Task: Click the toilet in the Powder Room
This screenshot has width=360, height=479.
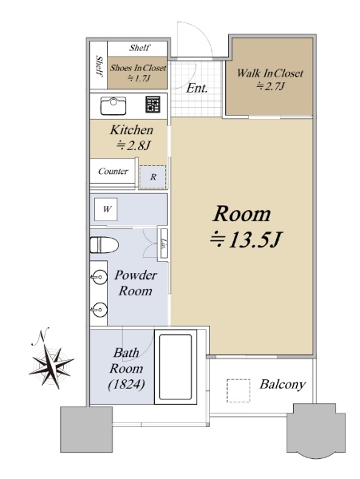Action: (x=104, y=245)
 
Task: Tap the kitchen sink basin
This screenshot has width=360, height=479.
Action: (x=113, y=105)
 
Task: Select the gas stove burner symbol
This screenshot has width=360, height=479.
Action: (x=152, y=104)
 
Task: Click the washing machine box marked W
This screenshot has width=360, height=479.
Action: (x=105, y=209)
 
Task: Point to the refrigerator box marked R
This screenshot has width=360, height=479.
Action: (x=153, y=177)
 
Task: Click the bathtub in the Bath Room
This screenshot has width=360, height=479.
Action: (x=176, y=366)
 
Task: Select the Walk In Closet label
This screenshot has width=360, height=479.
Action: (x=270, y=73)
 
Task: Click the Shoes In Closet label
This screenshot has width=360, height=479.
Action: (x=138, y=68)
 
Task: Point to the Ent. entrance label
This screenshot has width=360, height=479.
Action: (x=196, y=89)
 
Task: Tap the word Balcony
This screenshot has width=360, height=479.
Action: (x=283, y=385)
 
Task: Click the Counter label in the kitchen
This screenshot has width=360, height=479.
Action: (x=113, y=171)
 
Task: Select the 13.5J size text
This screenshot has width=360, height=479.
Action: (x=246, y=240)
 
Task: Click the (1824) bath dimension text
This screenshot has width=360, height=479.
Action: (x=126, y=384)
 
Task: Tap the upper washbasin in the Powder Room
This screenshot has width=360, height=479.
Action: (x=100, y=277)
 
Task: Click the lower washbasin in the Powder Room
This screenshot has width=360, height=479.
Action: (x=100, y=310)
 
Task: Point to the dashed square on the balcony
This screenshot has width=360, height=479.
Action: (x=238, y=390)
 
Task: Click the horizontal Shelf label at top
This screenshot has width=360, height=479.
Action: (x=139, y=48)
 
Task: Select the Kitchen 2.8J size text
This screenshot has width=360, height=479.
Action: (x=133, y=145)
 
